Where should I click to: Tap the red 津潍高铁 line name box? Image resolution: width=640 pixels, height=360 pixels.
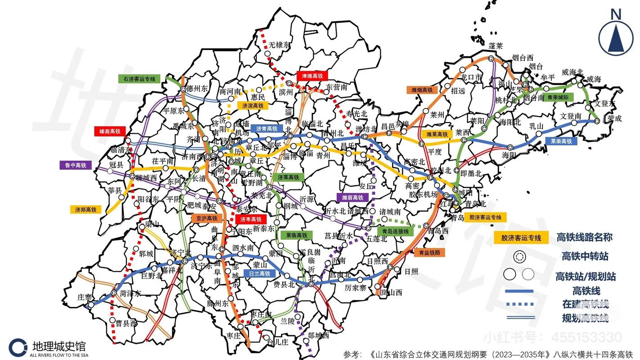312,76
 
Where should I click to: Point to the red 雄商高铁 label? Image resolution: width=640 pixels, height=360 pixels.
109,131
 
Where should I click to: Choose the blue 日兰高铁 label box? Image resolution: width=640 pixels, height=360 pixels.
259,273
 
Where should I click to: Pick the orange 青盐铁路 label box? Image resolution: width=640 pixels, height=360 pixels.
429,252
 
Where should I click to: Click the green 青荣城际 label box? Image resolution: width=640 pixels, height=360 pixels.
558,97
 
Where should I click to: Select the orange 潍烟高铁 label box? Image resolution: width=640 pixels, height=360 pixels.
422,90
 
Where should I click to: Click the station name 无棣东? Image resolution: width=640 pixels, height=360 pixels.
280,45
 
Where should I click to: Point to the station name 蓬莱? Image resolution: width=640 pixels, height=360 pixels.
496,46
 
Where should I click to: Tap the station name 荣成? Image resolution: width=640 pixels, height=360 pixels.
614,119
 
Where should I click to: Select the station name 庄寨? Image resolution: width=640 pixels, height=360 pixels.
85,297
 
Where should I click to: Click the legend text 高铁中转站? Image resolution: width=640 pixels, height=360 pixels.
585,256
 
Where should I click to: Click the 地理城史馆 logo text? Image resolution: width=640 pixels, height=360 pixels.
59,346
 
